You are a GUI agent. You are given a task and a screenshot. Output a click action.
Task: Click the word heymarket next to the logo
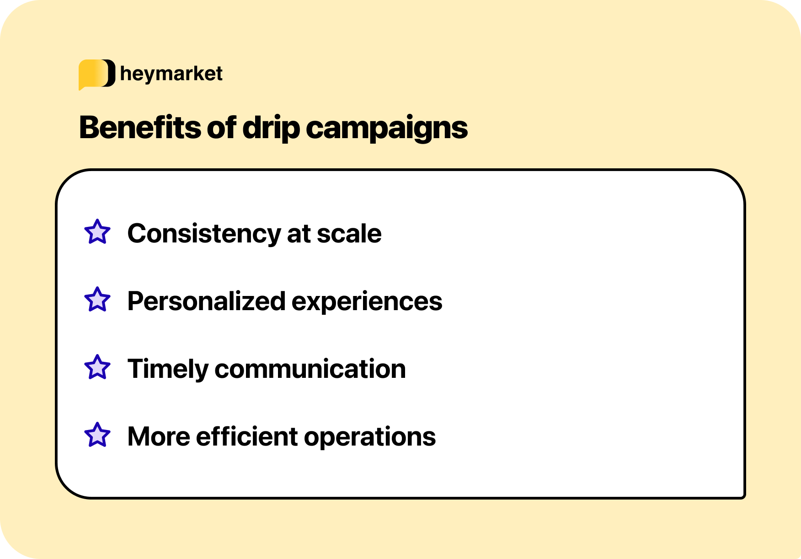(171, 74)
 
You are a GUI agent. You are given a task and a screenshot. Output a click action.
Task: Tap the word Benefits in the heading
(140, 127)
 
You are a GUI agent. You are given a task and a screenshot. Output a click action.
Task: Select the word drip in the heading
(271, 128)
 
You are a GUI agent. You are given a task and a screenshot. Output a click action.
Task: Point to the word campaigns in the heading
(387, 128)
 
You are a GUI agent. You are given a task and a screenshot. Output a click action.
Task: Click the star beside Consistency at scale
(97, 232)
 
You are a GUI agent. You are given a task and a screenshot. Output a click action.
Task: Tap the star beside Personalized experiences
(97, 300)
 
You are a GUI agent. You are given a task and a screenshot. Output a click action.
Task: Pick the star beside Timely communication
(97, 367)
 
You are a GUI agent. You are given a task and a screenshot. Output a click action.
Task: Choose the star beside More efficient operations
(97, 435)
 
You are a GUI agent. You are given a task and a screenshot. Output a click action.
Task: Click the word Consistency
(203, 234)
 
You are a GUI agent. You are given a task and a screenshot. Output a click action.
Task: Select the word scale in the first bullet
(349, 234)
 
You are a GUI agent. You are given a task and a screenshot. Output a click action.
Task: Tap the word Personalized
(206, 301)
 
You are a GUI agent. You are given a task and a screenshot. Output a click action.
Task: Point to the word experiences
(367, 301)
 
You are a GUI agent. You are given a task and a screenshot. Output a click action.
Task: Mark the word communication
(310, 369)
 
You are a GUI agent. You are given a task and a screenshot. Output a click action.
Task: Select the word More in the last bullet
(159, 437)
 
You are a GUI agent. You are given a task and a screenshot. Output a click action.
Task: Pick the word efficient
(247, 437)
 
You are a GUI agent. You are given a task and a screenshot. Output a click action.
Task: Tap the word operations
(370, 437)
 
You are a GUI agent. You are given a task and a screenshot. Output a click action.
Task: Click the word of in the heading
(222, 127)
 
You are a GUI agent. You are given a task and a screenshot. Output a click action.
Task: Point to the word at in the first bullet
(299, 234)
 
